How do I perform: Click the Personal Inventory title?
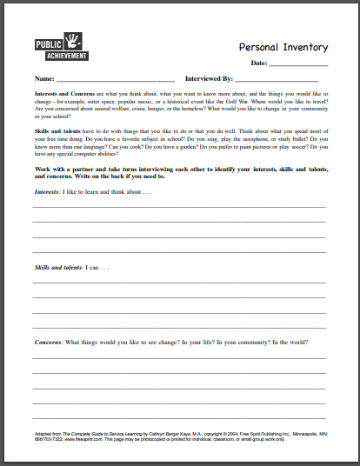point(283,49)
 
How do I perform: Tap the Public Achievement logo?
point(57,49)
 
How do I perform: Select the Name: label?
point(43,79)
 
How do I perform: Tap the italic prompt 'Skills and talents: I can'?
point(73,267)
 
